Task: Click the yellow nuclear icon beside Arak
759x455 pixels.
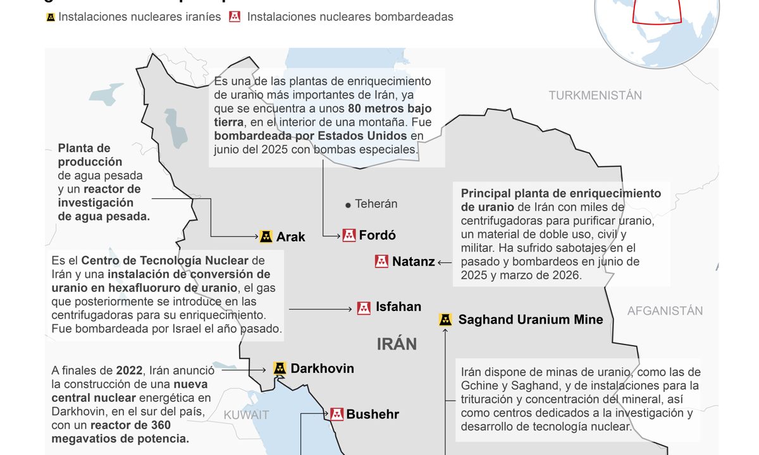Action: coord(266,236)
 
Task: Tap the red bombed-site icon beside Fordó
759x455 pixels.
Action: coord(349,235)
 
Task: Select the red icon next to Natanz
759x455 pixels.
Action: coord(381,261)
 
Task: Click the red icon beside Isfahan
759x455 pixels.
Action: coord(364,308)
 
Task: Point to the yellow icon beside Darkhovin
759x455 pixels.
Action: coord(280,368)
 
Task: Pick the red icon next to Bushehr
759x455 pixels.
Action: coord(336,414)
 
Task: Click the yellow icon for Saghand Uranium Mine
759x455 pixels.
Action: coord(446,320)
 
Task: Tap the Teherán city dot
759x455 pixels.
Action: coord(347,205)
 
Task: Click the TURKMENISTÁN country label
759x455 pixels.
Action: coord(595,95)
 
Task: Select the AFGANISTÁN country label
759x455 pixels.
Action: coord(665,310)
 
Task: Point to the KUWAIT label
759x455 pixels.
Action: coord(246,415)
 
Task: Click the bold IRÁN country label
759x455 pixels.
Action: coord(397,344)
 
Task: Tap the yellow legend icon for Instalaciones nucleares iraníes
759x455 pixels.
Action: coord(51,17)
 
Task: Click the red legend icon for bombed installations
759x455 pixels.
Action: coord(235,17)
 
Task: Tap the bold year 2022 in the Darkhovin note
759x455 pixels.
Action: coord(129,370)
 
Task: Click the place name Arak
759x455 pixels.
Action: coord(291,237)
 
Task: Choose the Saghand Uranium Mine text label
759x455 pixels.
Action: coord(531,320)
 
